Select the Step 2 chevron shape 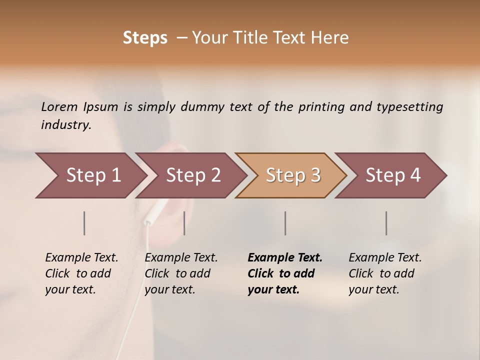coord(192,175)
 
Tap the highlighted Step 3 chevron coord(292,175)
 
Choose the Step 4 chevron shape coord(392,175)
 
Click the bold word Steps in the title coord(145,38)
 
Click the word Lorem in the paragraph coord(59,106)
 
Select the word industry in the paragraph coord(66,125)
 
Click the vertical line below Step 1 coord(84,223)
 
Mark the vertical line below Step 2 coord(184,223)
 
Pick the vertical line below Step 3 coord(285,223)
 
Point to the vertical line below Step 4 coord(386,223)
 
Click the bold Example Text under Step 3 coord(285,258)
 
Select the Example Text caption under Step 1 coord(81,258)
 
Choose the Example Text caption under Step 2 coord(181,258)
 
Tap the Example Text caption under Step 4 coord(385,258)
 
